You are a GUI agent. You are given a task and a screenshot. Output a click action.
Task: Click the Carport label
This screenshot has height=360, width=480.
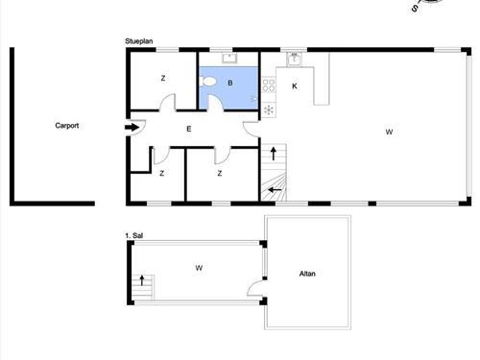[x=67, y=126]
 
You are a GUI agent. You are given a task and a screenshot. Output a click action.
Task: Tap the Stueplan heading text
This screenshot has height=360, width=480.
[x=139, y=41]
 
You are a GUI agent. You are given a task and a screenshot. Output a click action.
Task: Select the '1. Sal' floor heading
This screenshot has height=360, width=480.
[x=133, y=235]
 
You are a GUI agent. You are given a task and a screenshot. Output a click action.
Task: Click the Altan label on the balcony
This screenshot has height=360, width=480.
[x=307, y=274]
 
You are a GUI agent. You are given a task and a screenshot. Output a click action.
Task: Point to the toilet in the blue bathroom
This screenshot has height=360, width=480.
[x=207, y=82]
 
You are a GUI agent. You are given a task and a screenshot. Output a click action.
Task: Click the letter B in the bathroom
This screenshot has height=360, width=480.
[x=229, y=84]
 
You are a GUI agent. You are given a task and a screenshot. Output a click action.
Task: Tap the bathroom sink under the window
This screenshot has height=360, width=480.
[x=229, y=58]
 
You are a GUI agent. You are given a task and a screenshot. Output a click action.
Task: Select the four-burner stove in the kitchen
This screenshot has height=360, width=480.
[x=269, y=85]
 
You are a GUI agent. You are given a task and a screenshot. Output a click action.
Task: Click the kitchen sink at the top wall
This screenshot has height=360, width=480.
[x=294, y=60]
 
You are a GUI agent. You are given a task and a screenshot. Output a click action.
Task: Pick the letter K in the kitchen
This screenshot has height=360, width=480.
[x=295, y=85]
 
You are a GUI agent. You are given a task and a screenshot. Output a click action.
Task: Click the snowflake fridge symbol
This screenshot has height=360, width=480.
[x=269, y=109]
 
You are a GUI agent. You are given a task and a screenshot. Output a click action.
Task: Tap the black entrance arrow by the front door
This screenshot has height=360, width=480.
[x=132, y=128]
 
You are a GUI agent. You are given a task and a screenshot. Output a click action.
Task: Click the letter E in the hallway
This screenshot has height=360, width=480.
[x=189, y=129]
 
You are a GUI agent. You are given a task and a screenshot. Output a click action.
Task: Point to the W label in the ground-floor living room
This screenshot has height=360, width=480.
[x=389, y=132]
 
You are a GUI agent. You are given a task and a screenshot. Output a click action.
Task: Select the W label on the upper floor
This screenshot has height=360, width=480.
[x=199, y=268]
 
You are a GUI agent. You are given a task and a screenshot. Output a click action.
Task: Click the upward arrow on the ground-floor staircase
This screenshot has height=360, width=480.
[x=274, y=154]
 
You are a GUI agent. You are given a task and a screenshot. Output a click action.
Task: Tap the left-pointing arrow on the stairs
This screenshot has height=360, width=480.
[x=275, y=190]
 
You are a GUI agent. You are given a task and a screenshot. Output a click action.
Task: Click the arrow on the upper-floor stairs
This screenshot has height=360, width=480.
[x=142, y=280]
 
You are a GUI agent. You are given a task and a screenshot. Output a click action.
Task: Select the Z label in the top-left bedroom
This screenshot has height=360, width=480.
[x=163, y=78]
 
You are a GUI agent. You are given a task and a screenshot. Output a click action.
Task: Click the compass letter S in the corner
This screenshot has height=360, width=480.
[x=415, y=9]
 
